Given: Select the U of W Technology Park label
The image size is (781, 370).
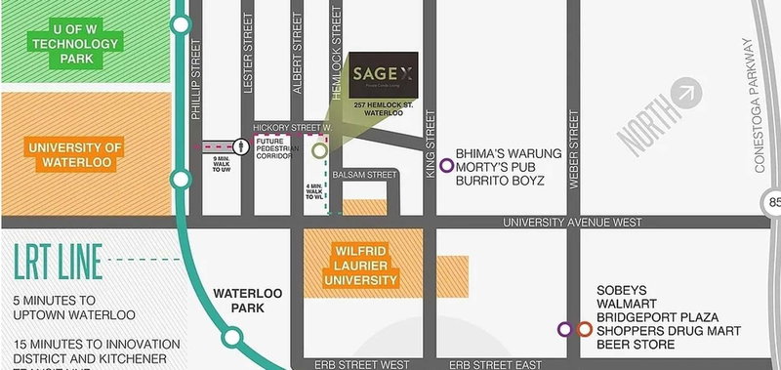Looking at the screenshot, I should (75, 44).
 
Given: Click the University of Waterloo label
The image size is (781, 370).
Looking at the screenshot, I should (75, 154).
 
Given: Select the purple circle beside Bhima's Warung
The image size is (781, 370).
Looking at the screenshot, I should (447, 165).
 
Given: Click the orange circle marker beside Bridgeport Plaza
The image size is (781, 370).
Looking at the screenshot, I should (584, 330).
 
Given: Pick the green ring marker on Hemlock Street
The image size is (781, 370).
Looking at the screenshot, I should (319, 150).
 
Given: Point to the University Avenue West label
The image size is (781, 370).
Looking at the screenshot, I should (572, 223).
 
